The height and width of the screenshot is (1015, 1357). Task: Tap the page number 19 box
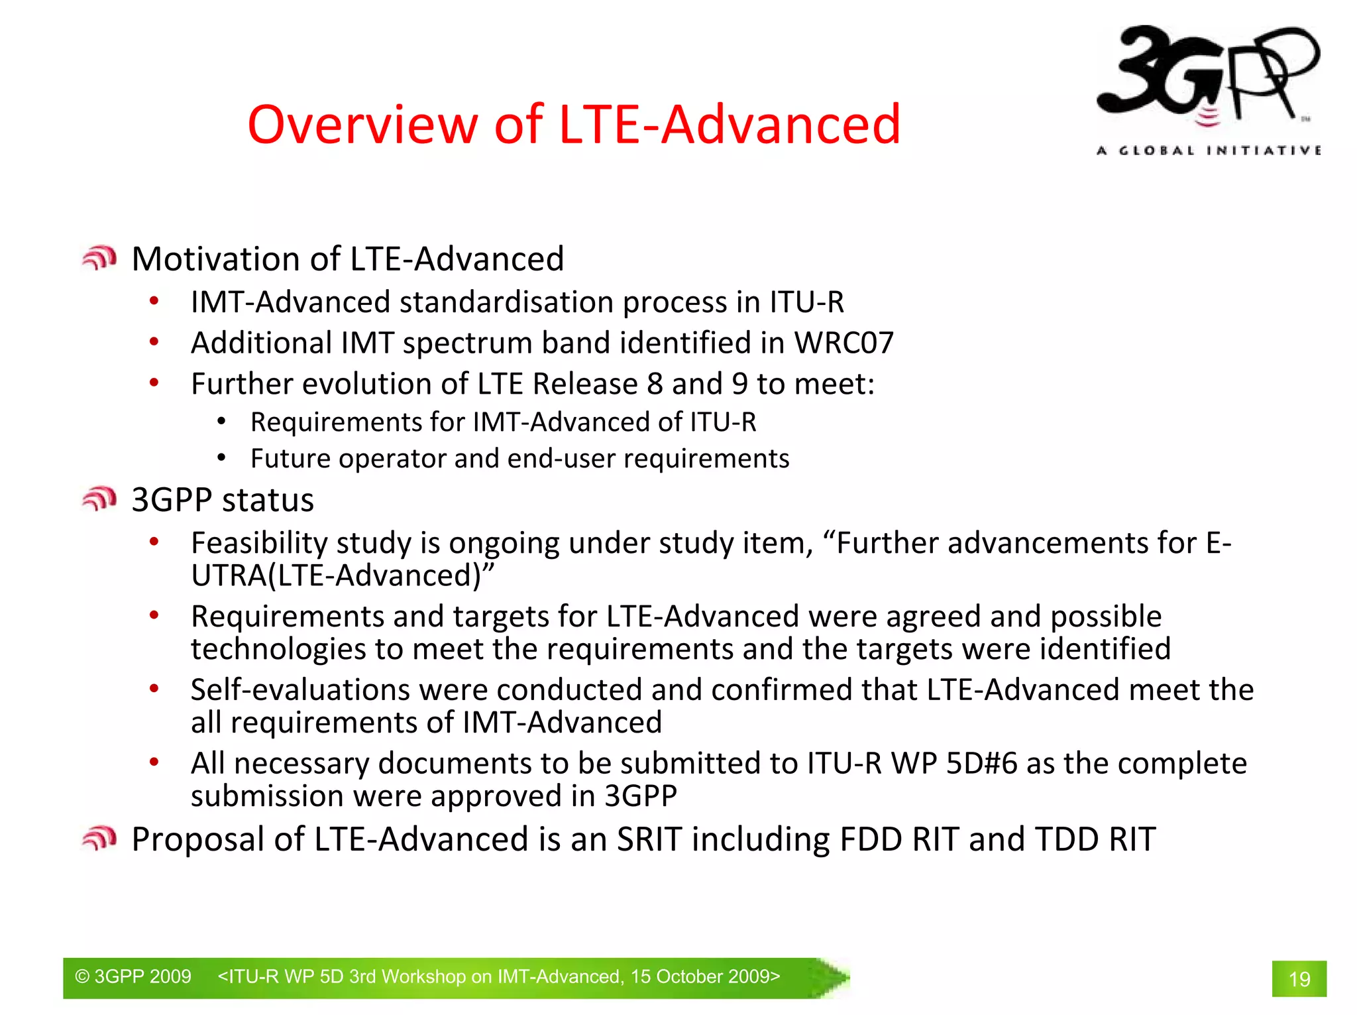tap(1298, 979)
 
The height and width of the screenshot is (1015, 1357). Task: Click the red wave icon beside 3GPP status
tap(99, 499)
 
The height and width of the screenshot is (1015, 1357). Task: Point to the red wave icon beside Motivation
tap(99, 258)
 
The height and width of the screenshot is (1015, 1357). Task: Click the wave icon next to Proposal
tap(99, 839)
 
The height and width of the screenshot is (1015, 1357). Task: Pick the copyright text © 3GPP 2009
tap(133, 977)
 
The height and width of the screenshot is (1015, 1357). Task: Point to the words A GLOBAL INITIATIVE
tap(1208, 150)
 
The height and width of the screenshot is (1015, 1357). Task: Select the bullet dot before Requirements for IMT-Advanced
tap(222, 422)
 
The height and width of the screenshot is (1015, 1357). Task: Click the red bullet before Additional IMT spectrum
tap(154, 342)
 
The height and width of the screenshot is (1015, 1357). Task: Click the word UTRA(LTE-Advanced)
tap(342, 575)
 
